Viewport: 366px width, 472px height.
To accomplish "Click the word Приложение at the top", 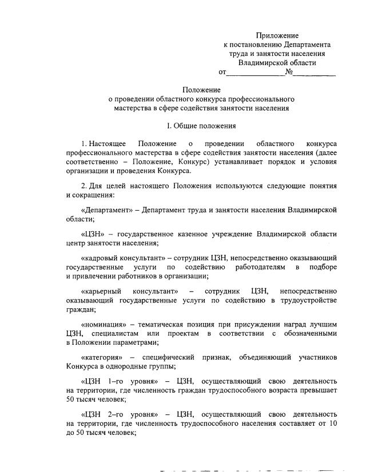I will pos(277,35).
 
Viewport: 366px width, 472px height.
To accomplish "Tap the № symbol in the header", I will pos(289,72).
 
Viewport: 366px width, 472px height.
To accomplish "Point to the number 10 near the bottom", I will pos(332,423).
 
